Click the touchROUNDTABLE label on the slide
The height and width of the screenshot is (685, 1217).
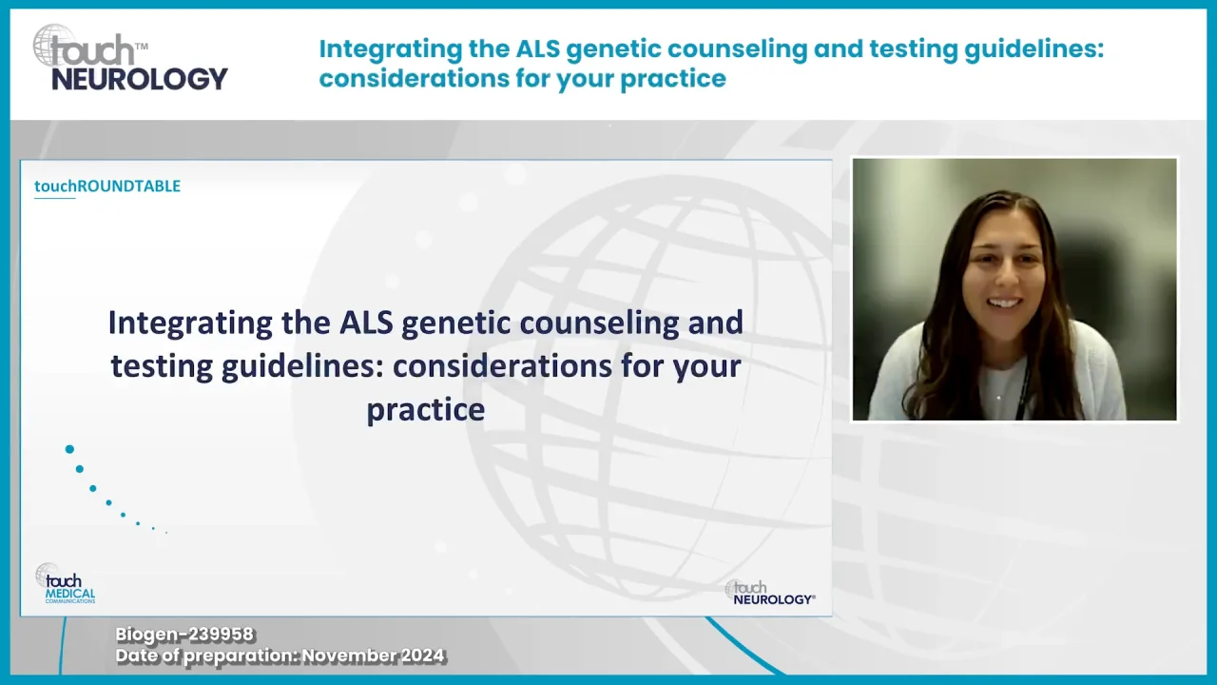[107, 186]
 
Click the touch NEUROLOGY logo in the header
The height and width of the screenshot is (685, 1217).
[130, 57]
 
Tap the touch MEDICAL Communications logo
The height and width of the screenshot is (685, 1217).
[66, 583]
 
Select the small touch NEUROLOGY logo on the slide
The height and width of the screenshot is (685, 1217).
[770, 593]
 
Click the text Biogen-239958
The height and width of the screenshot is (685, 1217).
[184, 635]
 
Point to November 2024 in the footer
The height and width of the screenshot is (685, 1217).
[374, 656]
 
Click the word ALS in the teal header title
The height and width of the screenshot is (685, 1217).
[537, 49]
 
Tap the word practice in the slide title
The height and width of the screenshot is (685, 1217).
[425, 410]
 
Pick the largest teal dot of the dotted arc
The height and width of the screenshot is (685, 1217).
[69, 449]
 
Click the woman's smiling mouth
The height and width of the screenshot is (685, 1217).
[1002, 303]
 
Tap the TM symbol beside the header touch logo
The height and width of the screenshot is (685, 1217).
[142, 47]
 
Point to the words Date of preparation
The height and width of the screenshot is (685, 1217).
[206, 656]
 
